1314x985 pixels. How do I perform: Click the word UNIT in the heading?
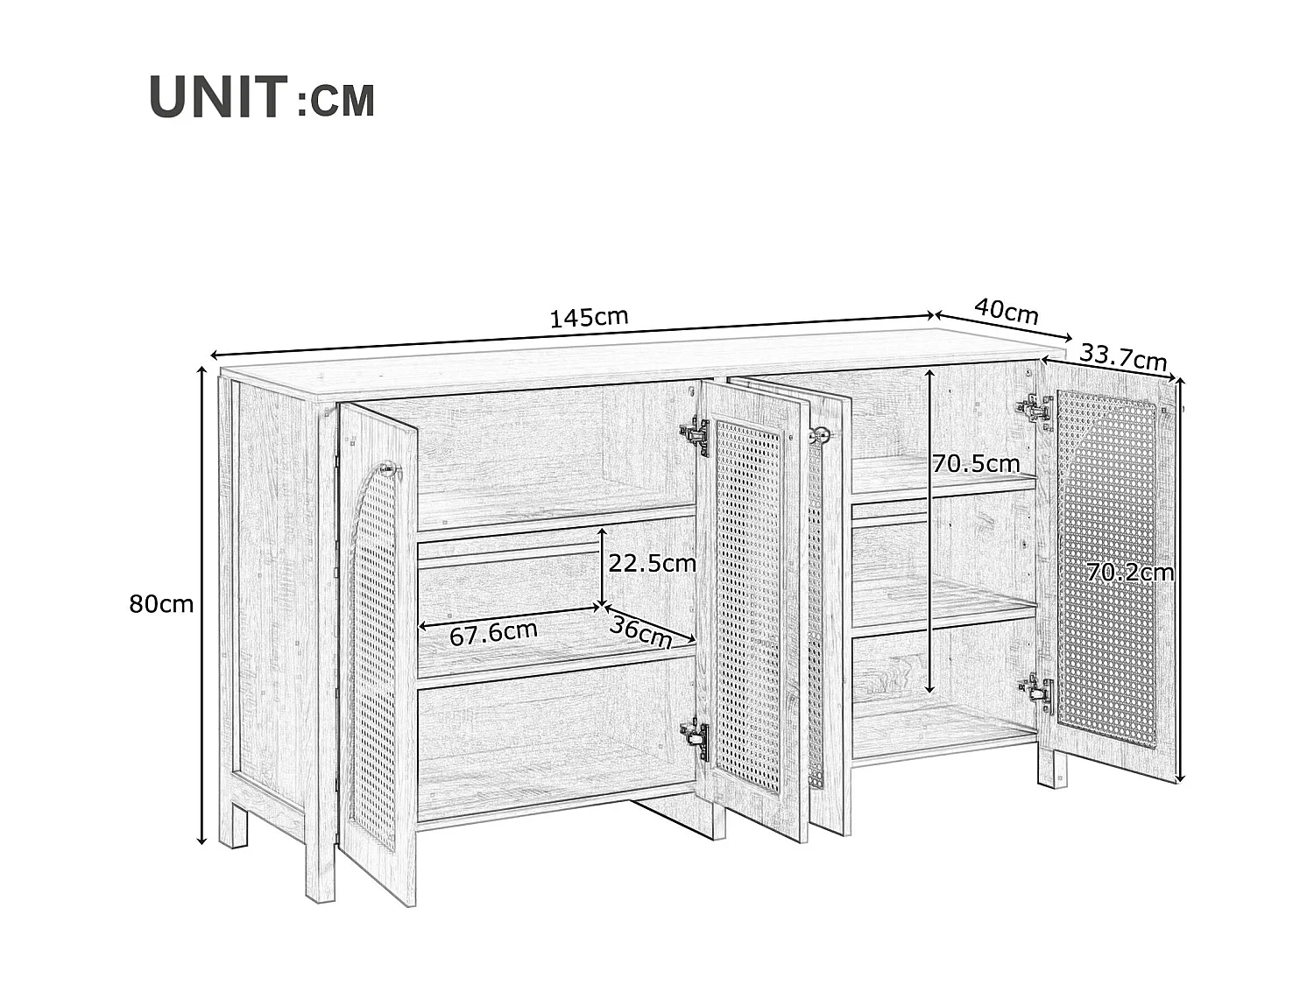pyautogui.click(x=218, y=97)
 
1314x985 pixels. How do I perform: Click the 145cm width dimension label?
pyautogui.click(x=589, y=317)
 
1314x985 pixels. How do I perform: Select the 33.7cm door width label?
pyautogui.click(x=1123, y=357)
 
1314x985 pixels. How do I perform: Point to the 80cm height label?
pyautogui.click(x=161, y=604)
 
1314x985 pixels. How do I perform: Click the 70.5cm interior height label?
pyautogui.click(x=976, y=464)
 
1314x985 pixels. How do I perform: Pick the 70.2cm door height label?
pyautogui.click(x=1130, y=573)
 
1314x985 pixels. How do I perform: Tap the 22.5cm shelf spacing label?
pyautogui.click(x=652, y=564)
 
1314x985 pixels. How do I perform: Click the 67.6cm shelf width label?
pyautogui.click(x=493, y=632)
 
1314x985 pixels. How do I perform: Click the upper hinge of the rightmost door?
pyautogui.click(x=1035, y=409)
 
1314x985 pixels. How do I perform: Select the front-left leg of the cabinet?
pyautogui.click(x=320, y=862)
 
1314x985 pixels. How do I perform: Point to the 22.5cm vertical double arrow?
pyautogui.click(x=602, y=566)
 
